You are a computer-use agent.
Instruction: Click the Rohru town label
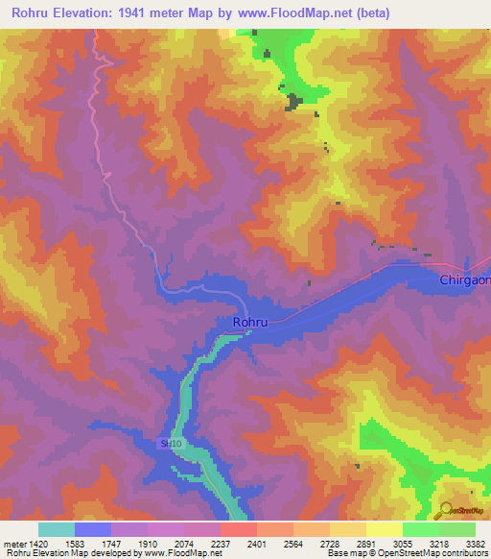(250, 323)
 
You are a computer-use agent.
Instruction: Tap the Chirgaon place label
(464, 279)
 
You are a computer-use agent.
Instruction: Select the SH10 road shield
(171, 444)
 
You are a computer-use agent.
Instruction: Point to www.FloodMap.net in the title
(292, 12)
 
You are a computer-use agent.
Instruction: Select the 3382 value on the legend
(476, 543)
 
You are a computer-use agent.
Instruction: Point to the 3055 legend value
(403, 543)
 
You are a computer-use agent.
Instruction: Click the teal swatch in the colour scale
(57, 529)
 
